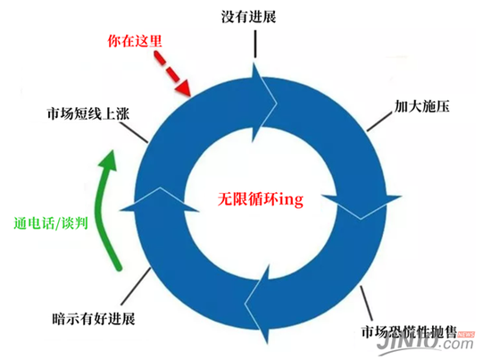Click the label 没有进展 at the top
tap(249, 17)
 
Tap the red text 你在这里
tap(135, 41)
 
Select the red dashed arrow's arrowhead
tap(184, 88)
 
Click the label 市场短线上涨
tap(88, 113)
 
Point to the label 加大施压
tap(421, 106)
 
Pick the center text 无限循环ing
tap(261, 199)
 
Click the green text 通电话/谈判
tap(51, 223)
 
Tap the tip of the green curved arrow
tap(112, 151)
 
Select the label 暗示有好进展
tap(94, 319)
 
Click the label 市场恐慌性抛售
tap(409, 331)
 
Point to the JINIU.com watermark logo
tap(426, 343)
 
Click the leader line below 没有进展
tap(255, 44)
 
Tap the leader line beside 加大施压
tap(379, 121)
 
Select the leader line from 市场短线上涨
tap(134, 132)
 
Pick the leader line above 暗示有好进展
tap(136, 286)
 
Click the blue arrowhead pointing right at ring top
tap(264, 103)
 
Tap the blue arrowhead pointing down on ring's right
tap(362, 206)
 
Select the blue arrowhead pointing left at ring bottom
tap(257, 304)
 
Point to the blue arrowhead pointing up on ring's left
tap(160, 199)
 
